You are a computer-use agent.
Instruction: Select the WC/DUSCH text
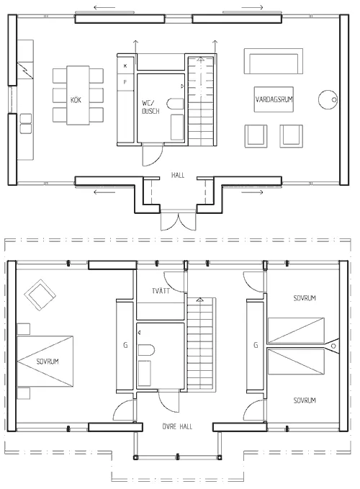[151, 107]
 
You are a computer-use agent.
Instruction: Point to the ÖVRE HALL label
[175, 426]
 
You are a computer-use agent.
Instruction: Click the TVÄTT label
[161, 292]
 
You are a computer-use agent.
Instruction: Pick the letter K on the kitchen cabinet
[125, 66]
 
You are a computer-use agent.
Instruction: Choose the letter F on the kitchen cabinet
[125, 82]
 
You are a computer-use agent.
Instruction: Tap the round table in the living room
[329, 97]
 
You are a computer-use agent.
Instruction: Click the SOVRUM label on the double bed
[46, 361]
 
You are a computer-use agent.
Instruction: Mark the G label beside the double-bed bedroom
[125, 346]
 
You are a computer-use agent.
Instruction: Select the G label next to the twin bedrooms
[255, 346]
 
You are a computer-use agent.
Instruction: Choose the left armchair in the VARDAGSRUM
[256, 135]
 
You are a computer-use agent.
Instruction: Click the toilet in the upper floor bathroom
[147, 351]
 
